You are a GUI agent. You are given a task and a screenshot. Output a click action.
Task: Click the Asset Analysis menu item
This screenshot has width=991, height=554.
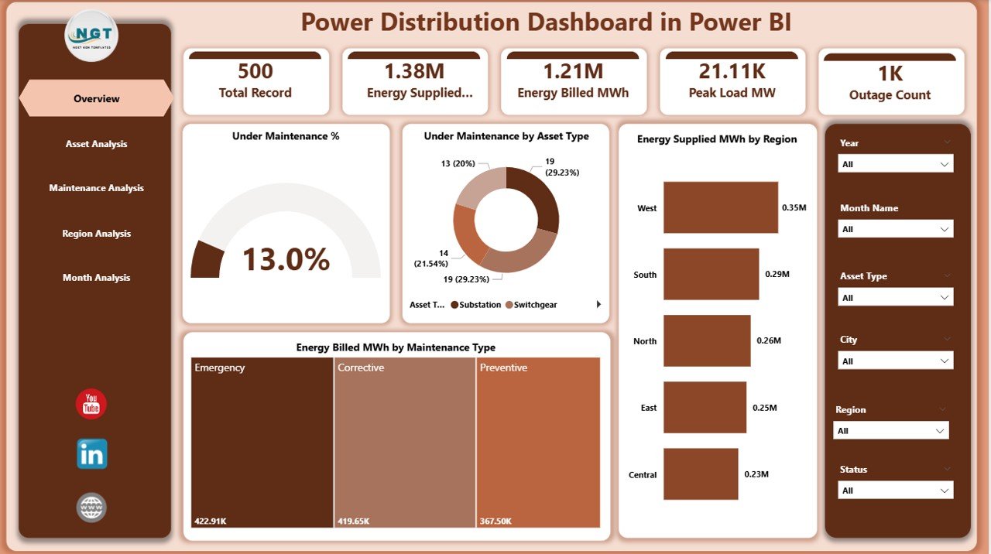(x=96, y=144)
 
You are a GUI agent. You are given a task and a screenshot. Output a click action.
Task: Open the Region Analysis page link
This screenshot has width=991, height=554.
(x=96, y=234)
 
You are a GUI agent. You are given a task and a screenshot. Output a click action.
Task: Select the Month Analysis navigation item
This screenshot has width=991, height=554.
(x=96, y=278)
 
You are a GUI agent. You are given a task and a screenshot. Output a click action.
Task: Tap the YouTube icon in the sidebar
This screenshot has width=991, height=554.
(x=91, y=404)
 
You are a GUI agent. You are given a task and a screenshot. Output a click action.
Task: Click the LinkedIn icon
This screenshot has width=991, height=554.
(x=91, y=454)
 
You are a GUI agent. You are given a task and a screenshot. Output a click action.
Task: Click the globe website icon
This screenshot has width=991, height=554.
(x=91, y=508)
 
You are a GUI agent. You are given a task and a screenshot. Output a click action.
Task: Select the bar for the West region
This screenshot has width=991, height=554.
(x=720, y=207)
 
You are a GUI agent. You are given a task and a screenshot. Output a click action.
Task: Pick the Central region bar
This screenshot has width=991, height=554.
(x=700, y=474)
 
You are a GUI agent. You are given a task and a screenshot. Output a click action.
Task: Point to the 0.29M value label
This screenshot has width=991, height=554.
(x=777, y=275)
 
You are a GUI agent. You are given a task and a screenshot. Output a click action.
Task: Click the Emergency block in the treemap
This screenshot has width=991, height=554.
(x=261, y=441)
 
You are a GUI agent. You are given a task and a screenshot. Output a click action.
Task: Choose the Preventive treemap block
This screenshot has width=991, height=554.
(x=538, y=441)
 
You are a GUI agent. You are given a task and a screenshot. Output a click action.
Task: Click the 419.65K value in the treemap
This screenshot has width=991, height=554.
(x=353, y=522)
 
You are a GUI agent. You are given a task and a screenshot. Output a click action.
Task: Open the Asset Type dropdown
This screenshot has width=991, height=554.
(x=896, y=298)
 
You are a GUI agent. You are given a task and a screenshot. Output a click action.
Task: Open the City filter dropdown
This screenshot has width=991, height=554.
(x=896, y=361)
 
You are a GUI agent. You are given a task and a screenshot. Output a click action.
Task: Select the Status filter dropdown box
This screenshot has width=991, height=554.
(x=896, y=491)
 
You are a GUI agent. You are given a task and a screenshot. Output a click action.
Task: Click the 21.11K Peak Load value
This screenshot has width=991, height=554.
(x=732, y=72)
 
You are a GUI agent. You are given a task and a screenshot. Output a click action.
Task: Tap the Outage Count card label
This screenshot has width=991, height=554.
(x=890, y=95)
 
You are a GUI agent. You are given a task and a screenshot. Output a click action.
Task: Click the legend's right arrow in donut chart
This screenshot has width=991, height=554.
(x=598, y=305)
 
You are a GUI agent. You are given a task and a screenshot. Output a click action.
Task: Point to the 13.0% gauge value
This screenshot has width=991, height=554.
(x=286, y=260)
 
